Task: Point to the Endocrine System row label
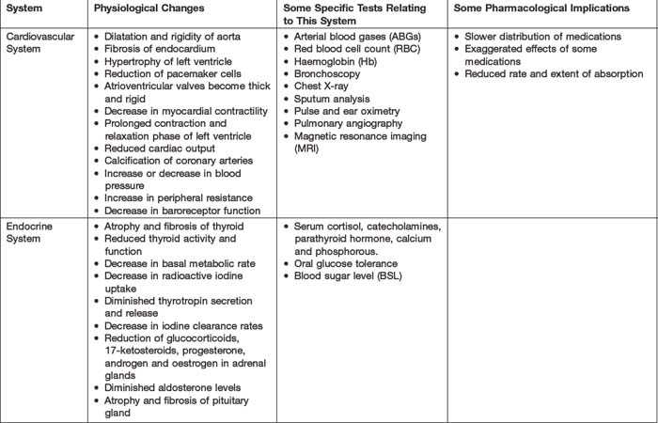coord(28,234)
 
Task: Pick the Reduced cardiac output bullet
coord(160,148)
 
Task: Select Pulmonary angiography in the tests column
coord(348,122)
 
